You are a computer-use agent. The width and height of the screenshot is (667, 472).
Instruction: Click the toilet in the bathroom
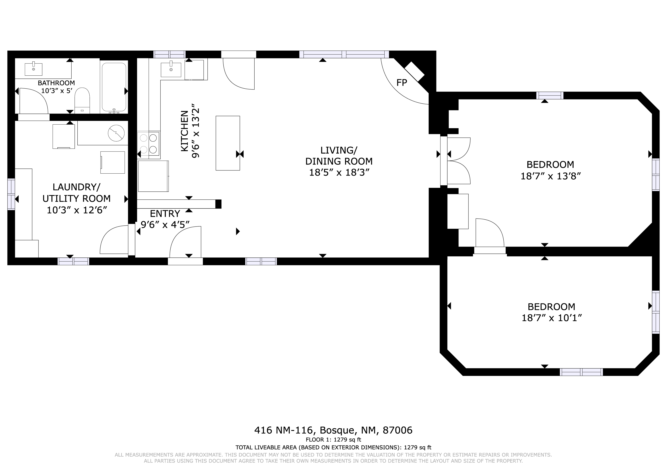point(82,100)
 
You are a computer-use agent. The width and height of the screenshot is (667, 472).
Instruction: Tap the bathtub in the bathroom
point(114,87)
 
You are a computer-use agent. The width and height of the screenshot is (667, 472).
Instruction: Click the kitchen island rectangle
point(228,143)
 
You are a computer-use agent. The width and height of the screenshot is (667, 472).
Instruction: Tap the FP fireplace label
point(402,83)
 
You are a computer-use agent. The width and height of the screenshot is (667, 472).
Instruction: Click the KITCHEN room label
point(185,131)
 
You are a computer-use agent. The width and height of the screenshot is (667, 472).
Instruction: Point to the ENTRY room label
point(165,214)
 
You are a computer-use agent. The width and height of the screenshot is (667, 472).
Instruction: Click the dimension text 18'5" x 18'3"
point(339,172)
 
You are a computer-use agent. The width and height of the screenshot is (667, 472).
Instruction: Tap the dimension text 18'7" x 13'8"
point(550,176)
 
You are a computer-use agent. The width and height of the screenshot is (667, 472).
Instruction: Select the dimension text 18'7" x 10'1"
point(552,318)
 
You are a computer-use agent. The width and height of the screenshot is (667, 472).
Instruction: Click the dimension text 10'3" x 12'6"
point(77,210)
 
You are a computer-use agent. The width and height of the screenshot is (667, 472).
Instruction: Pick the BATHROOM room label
point(56,83)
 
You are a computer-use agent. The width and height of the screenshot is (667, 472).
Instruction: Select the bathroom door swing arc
point(33,101)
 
